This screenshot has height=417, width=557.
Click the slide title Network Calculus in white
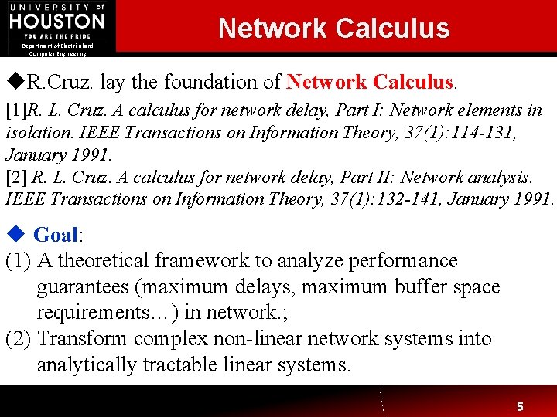point(333,28)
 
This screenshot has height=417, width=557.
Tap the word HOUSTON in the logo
point(57,22)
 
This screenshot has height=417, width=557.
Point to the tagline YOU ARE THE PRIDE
point(57,36)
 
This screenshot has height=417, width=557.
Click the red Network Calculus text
point(369,82)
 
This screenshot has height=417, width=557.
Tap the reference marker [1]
point(15,110)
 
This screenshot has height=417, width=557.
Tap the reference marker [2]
point(15,177)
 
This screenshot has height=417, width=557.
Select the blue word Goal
point(56,235)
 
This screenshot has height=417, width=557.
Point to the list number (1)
point(19,261)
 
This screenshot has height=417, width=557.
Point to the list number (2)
point(19,338)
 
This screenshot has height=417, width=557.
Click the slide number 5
point(520,405)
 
